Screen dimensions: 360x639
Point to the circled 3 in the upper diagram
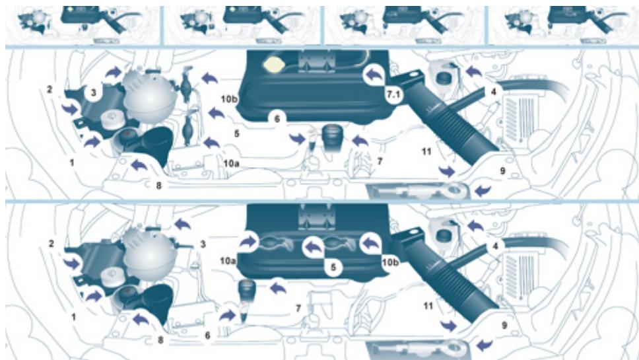click(x=94, y=94)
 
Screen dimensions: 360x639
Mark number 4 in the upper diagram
click(x=492, y=92)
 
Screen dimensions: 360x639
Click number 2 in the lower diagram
click(x=51, y=244)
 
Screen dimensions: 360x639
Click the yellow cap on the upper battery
click(x=272, y=65)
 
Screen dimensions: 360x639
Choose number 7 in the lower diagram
click(x=298, y=308)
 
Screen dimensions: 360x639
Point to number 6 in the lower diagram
click(x=208, y=335)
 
